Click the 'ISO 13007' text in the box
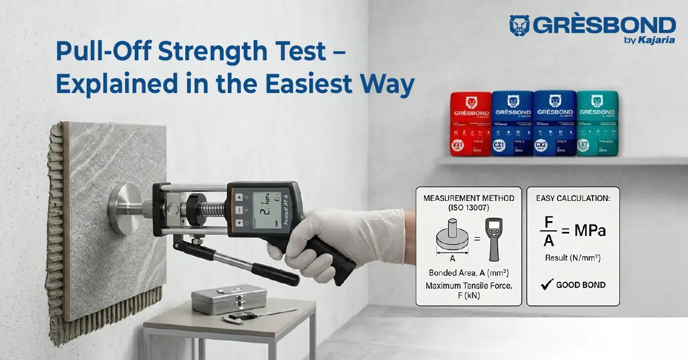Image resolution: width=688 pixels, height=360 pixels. [x=468, y=208]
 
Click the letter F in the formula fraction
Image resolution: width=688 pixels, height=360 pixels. [x=549, y=221]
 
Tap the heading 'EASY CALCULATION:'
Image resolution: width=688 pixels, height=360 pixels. [x=573, y=198]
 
